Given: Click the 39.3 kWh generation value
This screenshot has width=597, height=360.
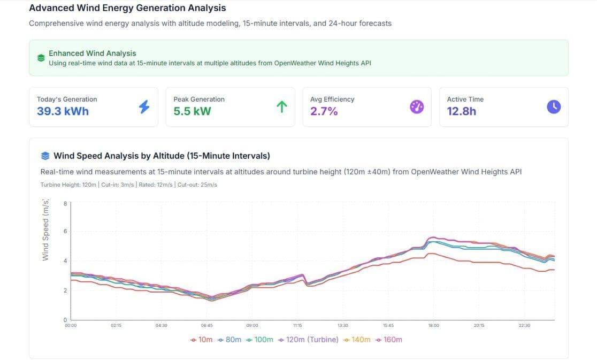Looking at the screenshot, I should (x=63, y=111).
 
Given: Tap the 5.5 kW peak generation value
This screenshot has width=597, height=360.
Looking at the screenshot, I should (x=192, y=111).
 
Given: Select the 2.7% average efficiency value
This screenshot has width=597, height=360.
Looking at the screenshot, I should (x=324, y=111).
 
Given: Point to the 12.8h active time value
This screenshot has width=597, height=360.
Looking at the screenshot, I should (x=461, y=111).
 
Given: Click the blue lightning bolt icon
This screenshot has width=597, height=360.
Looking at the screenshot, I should (x=144, y=107).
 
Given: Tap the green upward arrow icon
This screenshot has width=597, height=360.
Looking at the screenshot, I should (x=281, y=107).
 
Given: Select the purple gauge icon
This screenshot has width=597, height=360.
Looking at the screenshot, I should (x=417, y=107).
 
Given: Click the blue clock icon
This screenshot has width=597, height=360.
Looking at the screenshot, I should (x=554, y=107).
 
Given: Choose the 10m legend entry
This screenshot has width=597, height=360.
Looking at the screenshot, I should (x=202, y=340).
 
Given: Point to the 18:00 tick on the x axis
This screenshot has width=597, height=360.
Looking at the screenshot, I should (x=433, y=325).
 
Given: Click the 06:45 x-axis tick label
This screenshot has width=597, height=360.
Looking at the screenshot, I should (x=206, y=325).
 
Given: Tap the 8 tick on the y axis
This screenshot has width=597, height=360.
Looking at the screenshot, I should (x=65, y=204).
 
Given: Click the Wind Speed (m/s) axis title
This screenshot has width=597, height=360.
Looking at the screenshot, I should (x=45, y=229).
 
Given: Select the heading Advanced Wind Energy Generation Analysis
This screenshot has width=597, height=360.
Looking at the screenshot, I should (x=127, y=8).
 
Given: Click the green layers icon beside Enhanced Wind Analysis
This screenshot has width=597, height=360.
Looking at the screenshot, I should (x=41, y=58).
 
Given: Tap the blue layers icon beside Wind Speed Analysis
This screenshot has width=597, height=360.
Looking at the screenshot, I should (x=45, y=156).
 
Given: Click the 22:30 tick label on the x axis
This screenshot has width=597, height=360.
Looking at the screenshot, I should (x=524, y=325).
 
